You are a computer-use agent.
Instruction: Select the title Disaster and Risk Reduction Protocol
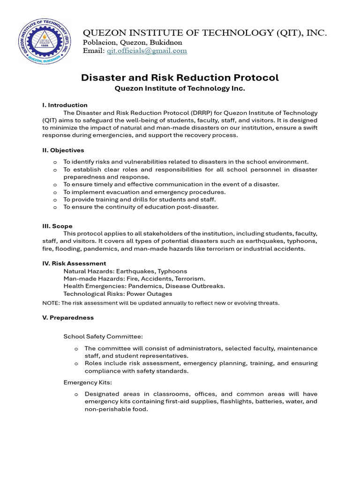point(180,77)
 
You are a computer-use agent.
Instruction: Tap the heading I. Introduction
point(65,105)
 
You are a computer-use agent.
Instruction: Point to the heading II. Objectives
point(63,150)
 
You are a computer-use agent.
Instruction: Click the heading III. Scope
point(57,226)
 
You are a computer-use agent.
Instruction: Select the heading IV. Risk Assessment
point(74,263)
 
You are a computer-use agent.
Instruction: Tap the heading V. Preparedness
point(68,317)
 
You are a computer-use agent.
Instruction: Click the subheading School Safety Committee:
point(103,336)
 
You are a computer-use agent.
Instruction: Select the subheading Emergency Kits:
point(88,382)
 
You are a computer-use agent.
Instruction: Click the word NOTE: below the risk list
point(51,303)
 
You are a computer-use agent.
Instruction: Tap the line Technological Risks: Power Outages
point(118,294)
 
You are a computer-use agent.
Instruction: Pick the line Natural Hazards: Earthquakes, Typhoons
point(125,271)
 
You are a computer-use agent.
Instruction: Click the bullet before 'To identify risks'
point(55,162)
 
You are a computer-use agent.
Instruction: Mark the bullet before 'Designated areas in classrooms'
point(76,395)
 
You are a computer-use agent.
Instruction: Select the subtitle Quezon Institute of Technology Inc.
point(180,88)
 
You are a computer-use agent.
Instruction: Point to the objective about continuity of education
point(141,207)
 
